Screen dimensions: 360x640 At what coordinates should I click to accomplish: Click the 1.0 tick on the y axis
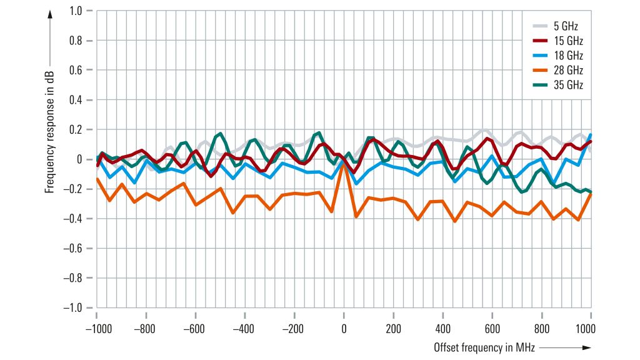pos(76,11)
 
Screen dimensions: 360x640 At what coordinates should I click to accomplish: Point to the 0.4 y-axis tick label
pos(76,100)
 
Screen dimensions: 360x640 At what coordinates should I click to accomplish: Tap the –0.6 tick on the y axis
pos(73,248)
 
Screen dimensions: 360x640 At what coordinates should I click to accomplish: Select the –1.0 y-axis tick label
pos(73,307)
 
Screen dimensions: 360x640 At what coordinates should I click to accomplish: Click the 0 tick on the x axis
pos(344,329)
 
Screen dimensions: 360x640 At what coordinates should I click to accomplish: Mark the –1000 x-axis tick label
pos(96,329)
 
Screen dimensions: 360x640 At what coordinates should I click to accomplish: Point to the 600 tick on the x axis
pos(492,329)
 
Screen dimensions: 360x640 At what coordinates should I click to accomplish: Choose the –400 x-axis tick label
pos(244,329)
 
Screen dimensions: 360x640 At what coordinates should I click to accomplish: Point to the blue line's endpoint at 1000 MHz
pos(591,135)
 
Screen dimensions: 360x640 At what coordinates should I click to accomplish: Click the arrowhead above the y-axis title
pos(49,14)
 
